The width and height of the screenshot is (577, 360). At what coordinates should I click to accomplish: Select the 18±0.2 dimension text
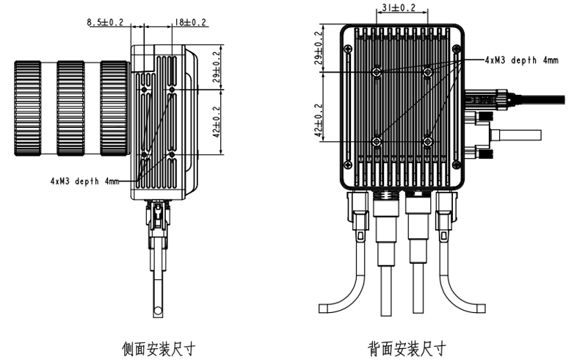click(190, 24)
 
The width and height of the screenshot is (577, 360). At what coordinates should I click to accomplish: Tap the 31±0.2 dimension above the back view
click(401, 9)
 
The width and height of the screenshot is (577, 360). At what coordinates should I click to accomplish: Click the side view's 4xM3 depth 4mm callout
click(84, 179)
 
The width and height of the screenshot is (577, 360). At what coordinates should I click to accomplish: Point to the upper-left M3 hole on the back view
click(376, 72)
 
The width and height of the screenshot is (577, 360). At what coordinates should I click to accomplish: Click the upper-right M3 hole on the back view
click(428, 72)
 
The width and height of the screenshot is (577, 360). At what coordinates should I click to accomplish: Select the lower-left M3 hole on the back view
click(376, 141)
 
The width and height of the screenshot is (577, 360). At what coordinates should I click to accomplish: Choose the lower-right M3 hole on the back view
click(428, 141)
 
